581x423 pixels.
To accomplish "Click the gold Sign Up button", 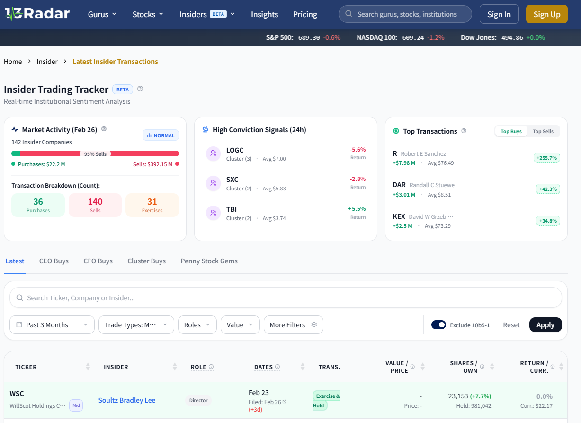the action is pos(546,14).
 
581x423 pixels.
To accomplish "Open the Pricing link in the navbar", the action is pos(305,14).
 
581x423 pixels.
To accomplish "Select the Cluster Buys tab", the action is pos(146,261).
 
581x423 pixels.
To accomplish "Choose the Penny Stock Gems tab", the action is pos(209,261).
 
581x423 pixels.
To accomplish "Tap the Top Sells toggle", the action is pos(543,131).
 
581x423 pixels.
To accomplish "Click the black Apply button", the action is pos(545,324).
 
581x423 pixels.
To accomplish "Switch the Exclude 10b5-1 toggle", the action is pos(438,324).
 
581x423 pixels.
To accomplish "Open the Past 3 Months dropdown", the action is pos(52,324).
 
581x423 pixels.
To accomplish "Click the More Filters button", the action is pos(294,324).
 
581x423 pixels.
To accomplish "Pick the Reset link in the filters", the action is pos(511,325).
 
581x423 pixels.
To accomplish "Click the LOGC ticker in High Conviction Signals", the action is pos(235,150).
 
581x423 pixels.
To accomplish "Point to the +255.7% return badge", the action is pos(546,158).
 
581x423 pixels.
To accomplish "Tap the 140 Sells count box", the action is pos(95,205).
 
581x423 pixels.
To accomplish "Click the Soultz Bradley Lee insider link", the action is pos(127,400).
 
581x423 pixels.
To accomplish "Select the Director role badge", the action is pos(198,400).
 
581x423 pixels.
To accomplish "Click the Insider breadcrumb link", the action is pos(47,62).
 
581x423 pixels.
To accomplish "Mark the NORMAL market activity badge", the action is pos(161,135).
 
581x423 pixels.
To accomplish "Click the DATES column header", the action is pos(263,367).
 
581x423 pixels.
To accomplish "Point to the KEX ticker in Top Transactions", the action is pos(399,216).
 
